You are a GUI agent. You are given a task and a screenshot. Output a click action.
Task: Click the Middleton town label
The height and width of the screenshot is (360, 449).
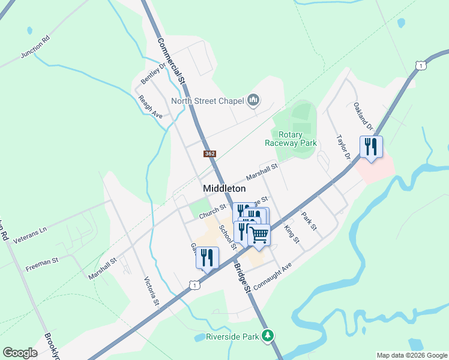coord(224,188)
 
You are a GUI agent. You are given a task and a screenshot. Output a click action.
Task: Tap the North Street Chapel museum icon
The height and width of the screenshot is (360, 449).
coord(253,100)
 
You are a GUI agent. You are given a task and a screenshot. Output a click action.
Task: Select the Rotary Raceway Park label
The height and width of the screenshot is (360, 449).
coord(291,139)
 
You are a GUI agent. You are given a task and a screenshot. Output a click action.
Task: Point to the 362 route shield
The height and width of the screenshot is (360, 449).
coord(209,154)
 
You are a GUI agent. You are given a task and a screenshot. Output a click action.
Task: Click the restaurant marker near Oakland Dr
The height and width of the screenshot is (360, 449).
coord(371,147)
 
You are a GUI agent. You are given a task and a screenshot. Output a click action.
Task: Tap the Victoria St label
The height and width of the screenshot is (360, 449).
coord(151,291)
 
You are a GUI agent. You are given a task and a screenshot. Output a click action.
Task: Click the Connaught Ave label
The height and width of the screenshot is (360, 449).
coord(272,275)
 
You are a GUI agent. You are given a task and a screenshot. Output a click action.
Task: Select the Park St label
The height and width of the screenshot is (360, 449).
coord(309,223)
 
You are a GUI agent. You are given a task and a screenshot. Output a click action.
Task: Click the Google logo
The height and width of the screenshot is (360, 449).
coord(20,352)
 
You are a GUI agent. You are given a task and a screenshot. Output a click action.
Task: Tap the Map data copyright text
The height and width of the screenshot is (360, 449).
coord(412,355)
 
